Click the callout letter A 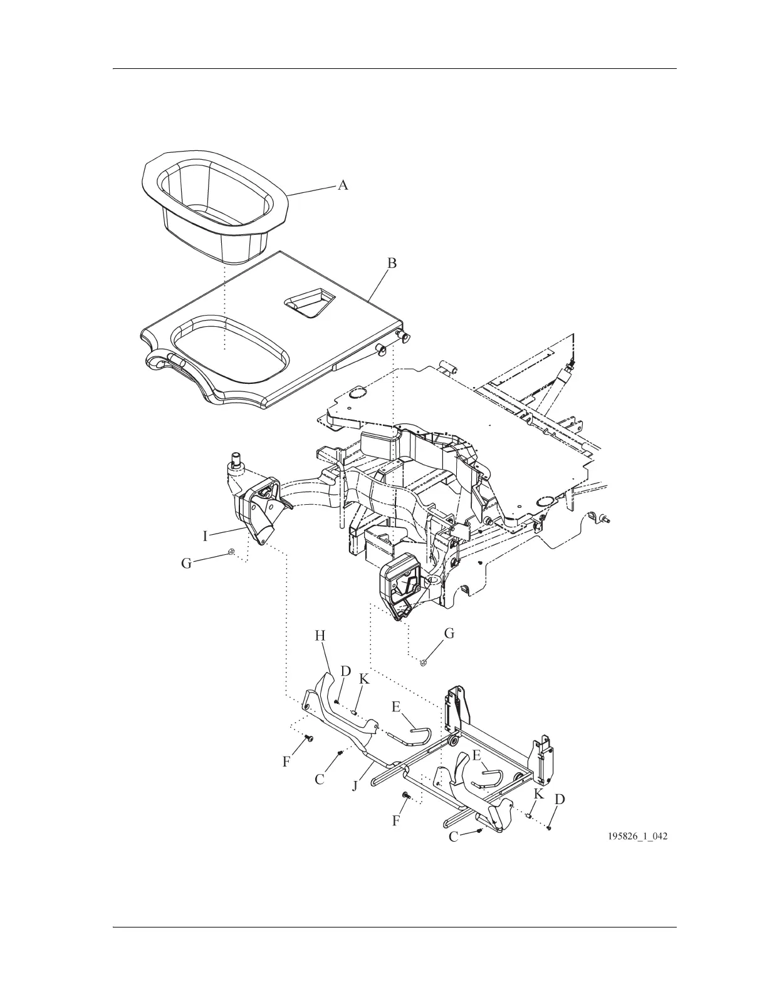click(x=343, y=185)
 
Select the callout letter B click(x=392, y=264)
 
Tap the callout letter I click(x=205, y=536)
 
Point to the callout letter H click(x=320, y=636)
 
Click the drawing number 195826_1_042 click(x=636, y=836)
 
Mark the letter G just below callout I click(x=186, y=564)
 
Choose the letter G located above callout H click(x=449, y=634)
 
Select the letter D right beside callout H click(x=346, y=671)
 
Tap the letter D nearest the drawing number click(x=560, y=800)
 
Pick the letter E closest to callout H click(x=396, y=707)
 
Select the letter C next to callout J click(x=320, y=779)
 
